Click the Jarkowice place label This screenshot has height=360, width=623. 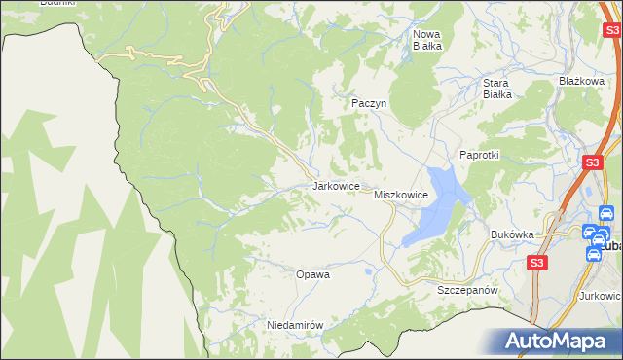pyautogui.click(x=337, y=185)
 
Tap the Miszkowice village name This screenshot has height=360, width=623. pyautogui.click(x=401, y=196)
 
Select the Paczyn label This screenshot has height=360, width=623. pyautogui.click(x=369, y=102)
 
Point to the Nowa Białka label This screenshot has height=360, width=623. pyautogui.click(x=427, y=39)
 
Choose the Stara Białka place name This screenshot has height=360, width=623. pyautogui.click(x=497, y=89)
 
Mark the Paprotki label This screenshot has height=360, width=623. pyautogui.click(x=479, y=155)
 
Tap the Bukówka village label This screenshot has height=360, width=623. pyautogui.click(x=512, y=234)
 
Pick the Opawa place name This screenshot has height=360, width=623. pyautogui.click(x=312, y=274)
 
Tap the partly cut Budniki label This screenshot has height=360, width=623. pyautogui.click(x=57, y=3)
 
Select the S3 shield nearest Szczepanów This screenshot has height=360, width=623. pyautogui.click(x=536, y=263)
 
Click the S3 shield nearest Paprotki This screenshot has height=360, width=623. pyautogui.click(x=591, y=164)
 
